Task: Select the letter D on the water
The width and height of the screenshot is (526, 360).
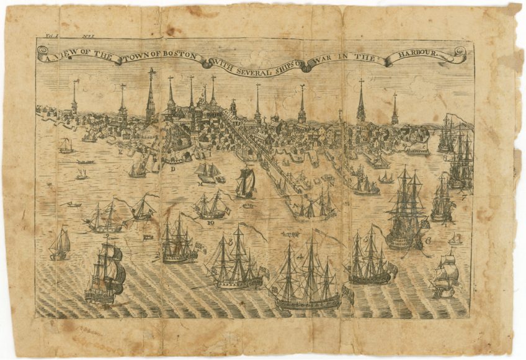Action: [x=173, y=168]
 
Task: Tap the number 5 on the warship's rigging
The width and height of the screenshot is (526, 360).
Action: [x=366, y=238]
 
